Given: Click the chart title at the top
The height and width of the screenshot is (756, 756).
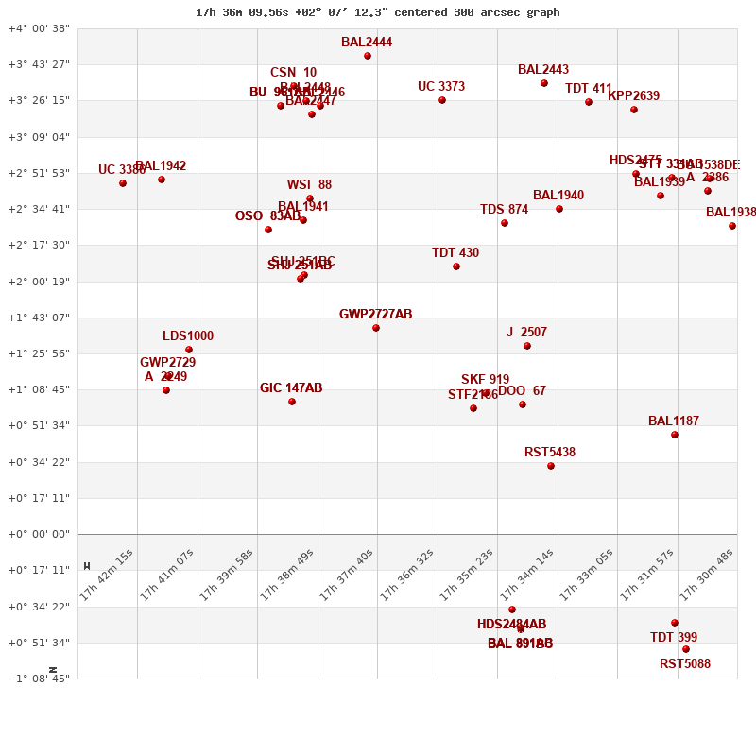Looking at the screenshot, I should point(377,12).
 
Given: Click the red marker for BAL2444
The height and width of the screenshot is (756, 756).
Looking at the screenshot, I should point(368,56).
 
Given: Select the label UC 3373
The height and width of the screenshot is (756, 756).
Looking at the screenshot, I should point(441,87).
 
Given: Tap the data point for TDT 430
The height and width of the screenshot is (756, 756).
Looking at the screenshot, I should point(456,266).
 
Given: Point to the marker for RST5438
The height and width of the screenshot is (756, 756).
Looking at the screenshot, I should point(551,466).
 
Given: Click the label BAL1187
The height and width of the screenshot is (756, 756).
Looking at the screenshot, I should point(674,421).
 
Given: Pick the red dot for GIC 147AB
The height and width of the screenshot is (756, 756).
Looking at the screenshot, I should point(292,402).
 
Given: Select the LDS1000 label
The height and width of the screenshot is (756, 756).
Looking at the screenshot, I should point(188,336).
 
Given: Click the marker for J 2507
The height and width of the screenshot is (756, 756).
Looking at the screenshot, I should point(527,346).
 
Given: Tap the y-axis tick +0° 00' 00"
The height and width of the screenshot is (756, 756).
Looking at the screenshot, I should point(39,534).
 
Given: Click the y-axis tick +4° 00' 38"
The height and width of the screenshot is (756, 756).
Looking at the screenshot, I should point(39,28).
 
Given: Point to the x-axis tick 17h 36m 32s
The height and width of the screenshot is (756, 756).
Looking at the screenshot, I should point(407,575).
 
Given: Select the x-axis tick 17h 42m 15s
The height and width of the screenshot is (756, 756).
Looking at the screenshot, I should point(107,575).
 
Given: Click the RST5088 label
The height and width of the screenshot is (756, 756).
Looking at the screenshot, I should point(685,664).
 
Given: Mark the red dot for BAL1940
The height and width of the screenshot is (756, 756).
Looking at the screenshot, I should point(559,209).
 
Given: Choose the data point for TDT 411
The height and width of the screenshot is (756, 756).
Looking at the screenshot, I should point(589,102).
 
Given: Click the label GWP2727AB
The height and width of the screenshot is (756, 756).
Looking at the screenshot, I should point(376,315).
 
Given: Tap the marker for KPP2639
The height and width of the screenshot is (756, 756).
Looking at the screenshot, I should point(634,110).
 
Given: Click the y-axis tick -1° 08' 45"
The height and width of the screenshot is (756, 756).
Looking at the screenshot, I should point(39,679).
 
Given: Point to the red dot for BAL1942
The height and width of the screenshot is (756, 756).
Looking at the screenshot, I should point(162,180).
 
